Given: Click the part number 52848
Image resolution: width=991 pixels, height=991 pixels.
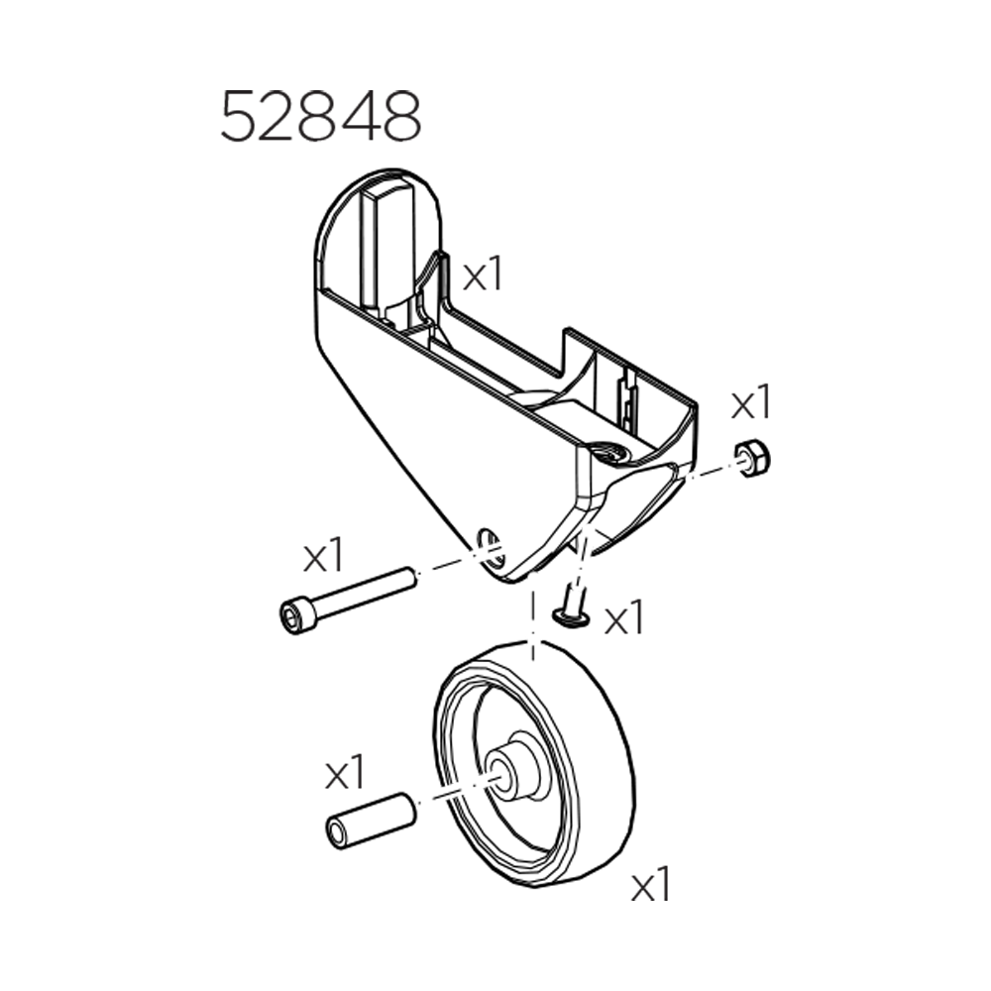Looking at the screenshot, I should (x=320, y=117).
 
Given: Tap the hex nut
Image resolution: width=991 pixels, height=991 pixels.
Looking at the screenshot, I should (x=754, y=459).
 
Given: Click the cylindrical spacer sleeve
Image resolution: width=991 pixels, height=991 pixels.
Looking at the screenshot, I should (x=369, y=819).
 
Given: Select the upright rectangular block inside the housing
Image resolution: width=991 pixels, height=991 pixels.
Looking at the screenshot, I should (x=387, y=248).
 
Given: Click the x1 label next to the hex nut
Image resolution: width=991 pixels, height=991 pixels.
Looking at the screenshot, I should (x=750, y=404).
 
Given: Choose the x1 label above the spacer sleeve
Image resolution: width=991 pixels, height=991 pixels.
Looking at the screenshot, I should (x=345, y=773).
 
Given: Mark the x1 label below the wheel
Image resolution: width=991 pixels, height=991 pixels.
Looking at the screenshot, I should (x=651, y=885).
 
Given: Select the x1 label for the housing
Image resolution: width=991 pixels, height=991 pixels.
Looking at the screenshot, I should (x=484, y=275).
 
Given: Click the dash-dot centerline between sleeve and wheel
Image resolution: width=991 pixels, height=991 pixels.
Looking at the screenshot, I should (x=451, y=793).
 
